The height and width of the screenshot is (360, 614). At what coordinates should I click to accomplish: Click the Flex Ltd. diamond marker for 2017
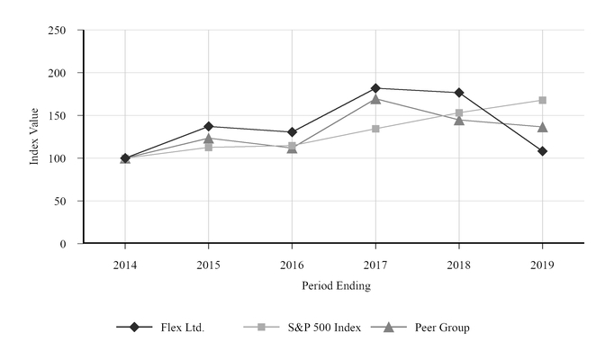click(375, 88)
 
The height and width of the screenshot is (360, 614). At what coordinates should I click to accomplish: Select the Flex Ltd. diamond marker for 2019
click(542, 151)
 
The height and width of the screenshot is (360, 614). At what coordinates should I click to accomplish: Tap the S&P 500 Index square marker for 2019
click(542, 100)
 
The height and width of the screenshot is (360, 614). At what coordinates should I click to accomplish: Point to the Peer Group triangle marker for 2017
click(375, 99)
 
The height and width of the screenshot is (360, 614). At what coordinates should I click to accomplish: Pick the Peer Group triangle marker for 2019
click(542, 127)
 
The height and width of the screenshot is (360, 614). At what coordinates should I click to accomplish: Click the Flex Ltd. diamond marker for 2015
click(209, 126)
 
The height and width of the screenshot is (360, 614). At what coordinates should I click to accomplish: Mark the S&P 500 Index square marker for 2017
click(375, 129)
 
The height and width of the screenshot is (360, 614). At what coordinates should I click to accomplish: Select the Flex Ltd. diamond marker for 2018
click(459, 93)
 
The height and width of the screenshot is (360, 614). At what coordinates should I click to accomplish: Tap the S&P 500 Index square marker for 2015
click(209, 147)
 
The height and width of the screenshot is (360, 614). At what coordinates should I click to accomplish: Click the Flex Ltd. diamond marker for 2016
click(292, 132)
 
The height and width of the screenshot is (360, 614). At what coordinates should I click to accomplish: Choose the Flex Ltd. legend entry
click(162, 328)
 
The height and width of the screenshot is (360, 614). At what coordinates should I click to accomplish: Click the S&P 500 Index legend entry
click(302, 328)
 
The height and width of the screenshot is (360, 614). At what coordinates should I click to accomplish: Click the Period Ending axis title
click(334, 285)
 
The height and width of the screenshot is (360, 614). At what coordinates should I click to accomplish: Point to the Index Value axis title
click(34, 137)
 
